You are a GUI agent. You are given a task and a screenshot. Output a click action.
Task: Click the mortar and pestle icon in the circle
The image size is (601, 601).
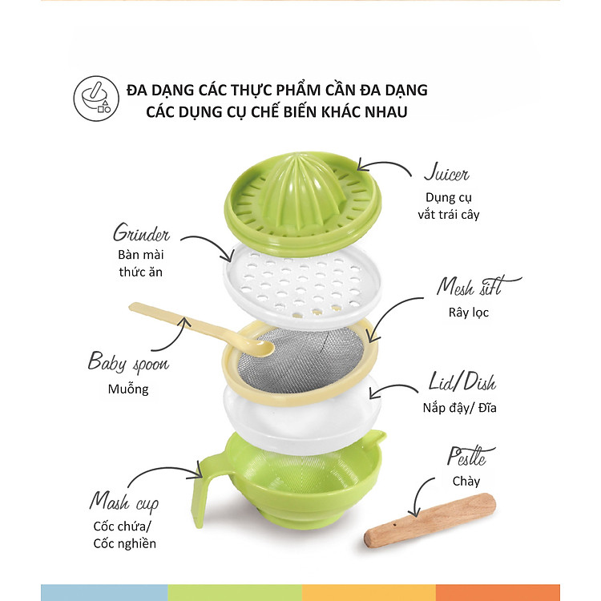point(96,98)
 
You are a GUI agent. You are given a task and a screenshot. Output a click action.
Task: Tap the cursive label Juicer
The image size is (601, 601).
point(446,173)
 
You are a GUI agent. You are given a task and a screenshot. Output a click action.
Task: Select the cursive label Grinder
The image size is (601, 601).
point(141,232)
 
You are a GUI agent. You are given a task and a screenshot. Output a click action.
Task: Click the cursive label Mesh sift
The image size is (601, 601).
point(478,286)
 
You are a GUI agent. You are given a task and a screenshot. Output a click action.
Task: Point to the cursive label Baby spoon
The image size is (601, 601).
point(128,362)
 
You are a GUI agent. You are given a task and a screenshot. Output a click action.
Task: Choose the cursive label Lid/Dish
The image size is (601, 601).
point(462,381)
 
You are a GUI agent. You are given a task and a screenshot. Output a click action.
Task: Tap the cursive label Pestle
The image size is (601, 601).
point(470,456)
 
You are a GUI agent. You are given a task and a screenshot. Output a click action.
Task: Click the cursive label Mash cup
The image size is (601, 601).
point(123,502)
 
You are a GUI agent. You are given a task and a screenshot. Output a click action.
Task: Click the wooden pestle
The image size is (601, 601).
point(430,520)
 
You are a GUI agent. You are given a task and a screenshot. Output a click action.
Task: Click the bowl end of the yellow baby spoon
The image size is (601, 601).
point(256,347)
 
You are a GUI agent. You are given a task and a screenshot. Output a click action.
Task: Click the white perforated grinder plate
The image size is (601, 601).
point(302,284)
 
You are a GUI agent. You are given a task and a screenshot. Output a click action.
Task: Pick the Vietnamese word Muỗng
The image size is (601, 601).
point(128,389)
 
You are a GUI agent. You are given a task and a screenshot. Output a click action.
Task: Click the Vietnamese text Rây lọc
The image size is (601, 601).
point(469,313)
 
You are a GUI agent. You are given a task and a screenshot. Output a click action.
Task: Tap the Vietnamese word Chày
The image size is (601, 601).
point(466,482)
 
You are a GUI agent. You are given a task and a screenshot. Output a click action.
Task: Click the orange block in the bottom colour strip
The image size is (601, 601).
point(498,592)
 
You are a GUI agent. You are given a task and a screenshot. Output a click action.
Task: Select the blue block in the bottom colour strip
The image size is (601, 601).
point(104,592)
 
